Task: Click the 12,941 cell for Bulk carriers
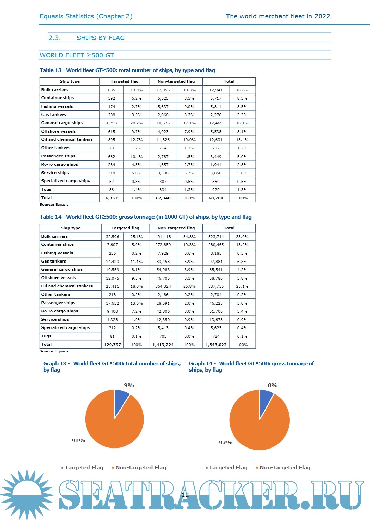coord(216,90)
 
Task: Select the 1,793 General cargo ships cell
coord(112,123)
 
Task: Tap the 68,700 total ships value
coord(216,198)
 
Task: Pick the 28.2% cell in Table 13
coord(136,123)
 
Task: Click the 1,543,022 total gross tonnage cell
coord(216,345)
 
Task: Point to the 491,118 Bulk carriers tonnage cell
coord(163,237)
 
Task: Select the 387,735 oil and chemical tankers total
coord(216,286)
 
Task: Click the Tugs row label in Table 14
coord(46,336)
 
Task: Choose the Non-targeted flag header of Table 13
coord(176,81)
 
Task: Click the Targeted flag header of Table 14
coord(125,228)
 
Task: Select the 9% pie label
coord(129,385)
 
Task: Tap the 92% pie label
coord(225,443)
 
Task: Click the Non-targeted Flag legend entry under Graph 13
coord(140,468)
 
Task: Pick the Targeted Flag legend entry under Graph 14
coord(228,468)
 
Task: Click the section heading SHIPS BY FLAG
coord(101,38)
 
